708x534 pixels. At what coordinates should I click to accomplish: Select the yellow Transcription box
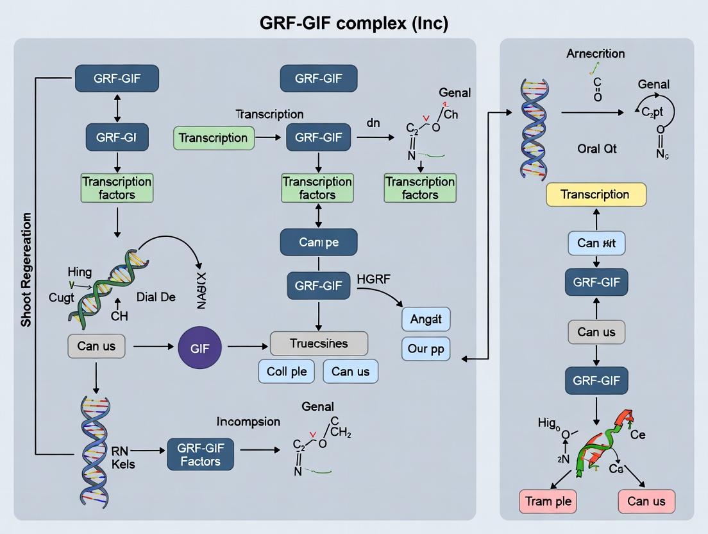pos(596,194)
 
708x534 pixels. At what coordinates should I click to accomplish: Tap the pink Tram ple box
pos(549,501)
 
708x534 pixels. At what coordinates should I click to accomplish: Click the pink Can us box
pos(646,501)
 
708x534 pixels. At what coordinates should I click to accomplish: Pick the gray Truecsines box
pos(319,343)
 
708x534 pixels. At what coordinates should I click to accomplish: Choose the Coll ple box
pos(286,371)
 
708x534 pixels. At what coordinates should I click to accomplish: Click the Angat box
pos(426,318)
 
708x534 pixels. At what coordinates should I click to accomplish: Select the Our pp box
pos(426,349)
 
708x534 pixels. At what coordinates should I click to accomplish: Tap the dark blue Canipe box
pos(319,242)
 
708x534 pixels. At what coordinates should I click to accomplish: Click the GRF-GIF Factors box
pos(200,454)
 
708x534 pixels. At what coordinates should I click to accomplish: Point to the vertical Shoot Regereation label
pos(26,270)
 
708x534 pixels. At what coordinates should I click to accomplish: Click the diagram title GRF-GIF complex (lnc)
pos(354,23)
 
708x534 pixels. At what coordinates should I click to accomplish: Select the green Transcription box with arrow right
pos(214,138)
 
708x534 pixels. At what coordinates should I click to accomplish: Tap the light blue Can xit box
pos(596,243)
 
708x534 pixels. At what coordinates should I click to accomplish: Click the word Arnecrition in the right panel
pos(595,54)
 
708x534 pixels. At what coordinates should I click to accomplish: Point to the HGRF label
pos(374,280)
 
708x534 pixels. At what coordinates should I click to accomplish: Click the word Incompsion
pos(248,422)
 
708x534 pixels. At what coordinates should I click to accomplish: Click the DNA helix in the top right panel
pos(534,128)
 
